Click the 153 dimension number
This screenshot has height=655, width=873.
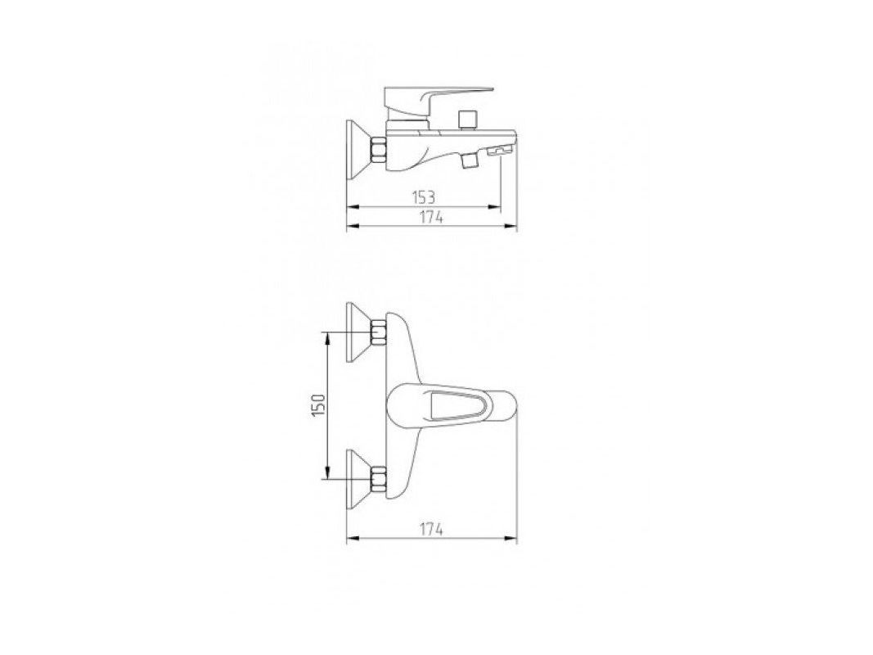(423, 197)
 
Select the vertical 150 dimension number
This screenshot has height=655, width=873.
(318, 405)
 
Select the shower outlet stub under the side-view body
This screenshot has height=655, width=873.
(470, 160)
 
